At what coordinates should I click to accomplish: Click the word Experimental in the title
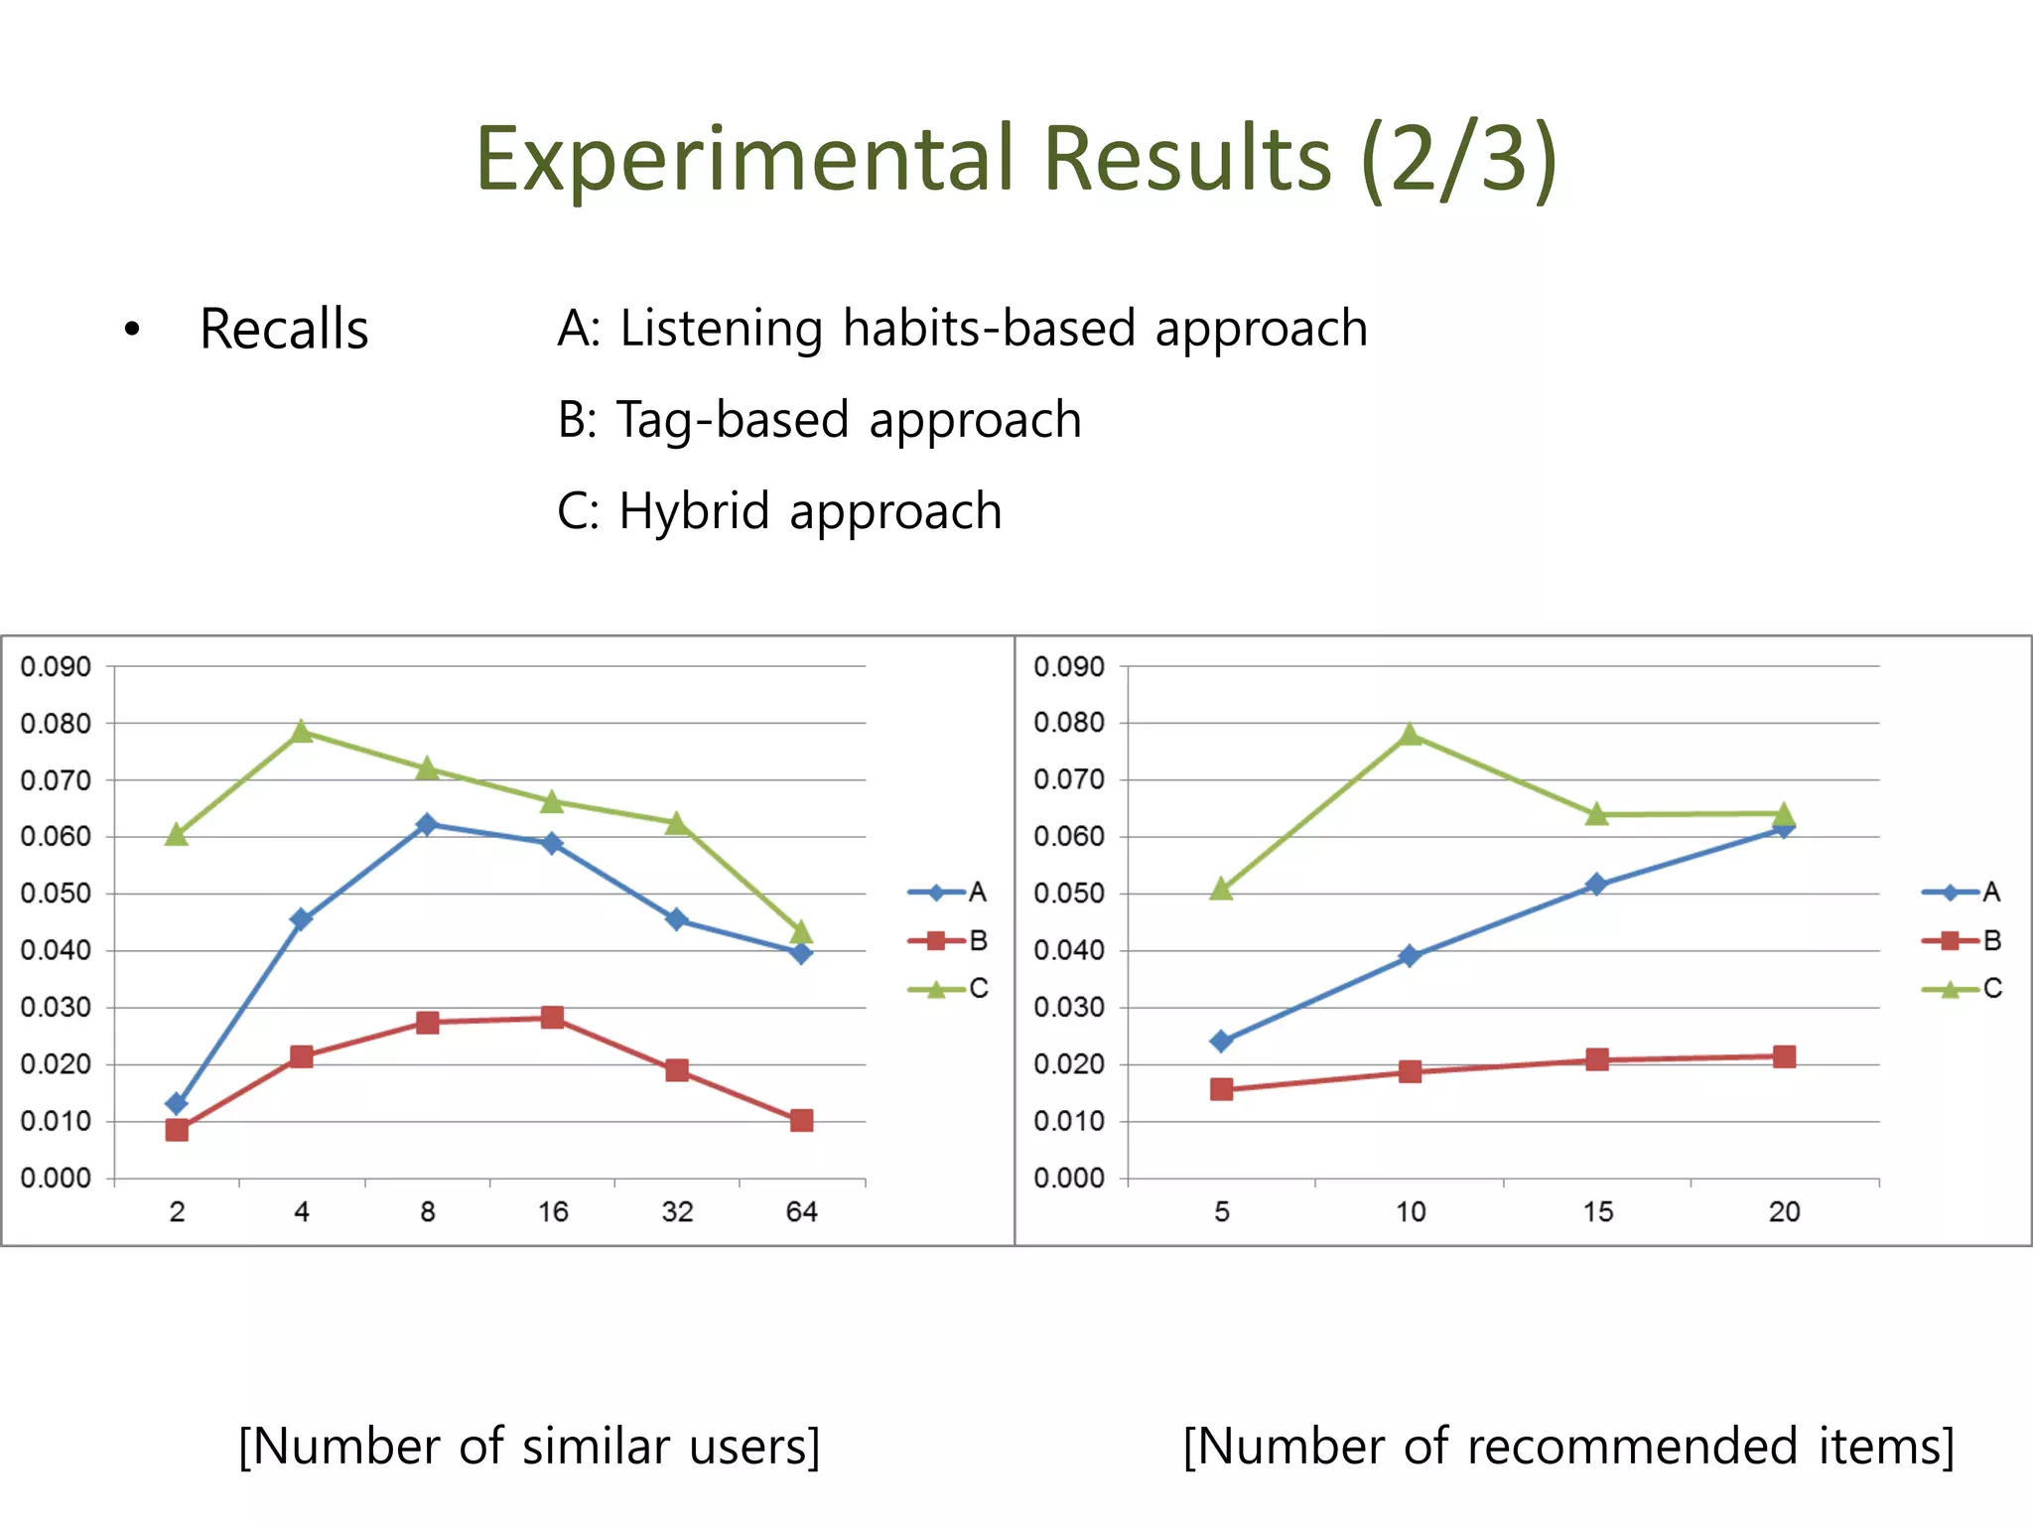pyautogui.click(x=745, y=159)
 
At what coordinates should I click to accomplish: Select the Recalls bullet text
pyautogui.click(x=284, y=330)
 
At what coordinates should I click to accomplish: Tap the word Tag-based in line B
pyautogui.click(x=733, y=420)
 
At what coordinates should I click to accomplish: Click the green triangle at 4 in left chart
pyautogui.click(x=302, y=732)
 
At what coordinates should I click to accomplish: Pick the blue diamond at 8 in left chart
pyautogui.click(x=427, y=824)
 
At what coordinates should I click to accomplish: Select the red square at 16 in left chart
pyautogui.click(x=553, y=1018)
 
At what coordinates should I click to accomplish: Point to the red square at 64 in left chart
pyautogui.click(x=802, y=1121)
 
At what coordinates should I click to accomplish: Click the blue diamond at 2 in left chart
pyautogui.click(x=177, y=1104)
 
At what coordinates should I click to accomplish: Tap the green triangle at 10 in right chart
pyautogui.click(x=1410, y=735)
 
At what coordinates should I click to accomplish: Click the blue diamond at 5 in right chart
pyautogui.click(x=1222, y=1040)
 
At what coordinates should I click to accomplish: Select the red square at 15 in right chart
pyautogui.click(x=1597, y=1059)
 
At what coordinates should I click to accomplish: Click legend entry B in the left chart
pyautogui.click(x=948, y=940)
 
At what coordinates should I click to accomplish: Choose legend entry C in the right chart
pyautogui.click(x=1963, y=989)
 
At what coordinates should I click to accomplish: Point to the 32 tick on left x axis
pyautogui.click(x=677, y=1211)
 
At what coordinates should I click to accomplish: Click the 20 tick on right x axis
pyautogui.click(x=1784, y=1211)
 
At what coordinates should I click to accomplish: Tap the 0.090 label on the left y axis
pyautogui.click(x=56, y=666)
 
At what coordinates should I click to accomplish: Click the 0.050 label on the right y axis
pyautogui.click(x=1069, y=894)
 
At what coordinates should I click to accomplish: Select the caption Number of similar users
pyautogui.click(x=529, y=1447)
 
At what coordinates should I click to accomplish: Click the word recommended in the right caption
pyautogui.click(x=1632, y=1447)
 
